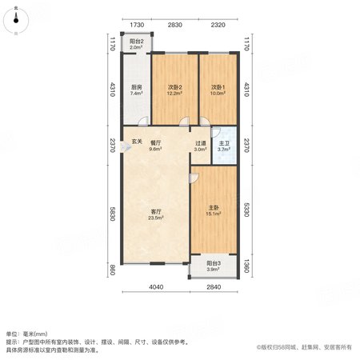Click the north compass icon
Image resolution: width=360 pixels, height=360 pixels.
(16, 21)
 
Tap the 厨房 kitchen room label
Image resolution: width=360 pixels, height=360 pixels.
(136, 87)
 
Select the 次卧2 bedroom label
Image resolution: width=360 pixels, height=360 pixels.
(175, 87)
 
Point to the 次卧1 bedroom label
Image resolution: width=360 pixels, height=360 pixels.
(218, 87)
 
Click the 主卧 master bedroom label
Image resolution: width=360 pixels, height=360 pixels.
(214, 207)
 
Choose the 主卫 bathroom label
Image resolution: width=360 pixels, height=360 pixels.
(224, 143)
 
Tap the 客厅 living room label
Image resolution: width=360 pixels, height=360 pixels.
(156, 211)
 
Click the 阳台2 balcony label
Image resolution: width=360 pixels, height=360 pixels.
(137, 42)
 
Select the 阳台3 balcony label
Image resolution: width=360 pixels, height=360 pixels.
(214, 263)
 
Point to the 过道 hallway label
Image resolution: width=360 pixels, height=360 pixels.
(201, 143)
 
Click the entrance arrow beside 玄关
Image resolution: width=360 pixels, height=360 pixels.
(125, 146)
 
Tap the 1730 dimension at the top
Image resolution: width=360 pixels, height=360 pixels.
(137, 25)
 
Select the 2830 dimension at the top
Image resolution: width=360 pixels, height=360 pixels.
(175, 25)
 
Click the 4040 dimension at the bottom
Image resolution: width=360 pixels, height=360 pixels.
(156, 287)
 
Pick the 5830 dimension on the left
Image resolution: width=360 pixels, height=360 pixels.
(112, 214)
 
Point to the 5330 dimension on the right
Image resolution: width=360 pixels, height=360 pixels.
(246, 210)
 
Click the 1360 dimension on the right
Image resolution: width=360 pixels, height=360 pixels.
(246, 266)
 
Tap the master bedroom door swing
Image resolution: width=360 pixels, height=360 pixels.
(194, 178)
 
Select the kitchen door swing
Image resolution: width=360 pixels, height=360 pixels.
(143, 122)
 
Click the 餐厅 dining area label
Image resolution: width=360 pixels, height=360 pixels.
(156, 143)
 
